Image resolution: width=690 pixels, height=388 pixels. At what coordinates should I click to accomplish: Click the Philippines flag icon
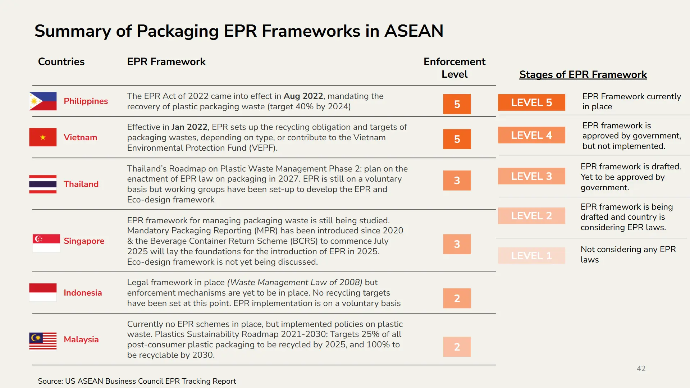43,101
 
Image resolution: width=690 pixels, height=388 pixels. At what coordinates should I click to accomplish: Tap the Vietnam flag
43,137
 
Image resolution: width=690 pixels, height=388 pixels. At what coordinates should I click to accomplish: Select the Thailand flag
43,184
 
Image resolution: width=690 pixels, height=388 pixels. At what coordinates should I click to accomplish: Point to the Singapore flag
46,243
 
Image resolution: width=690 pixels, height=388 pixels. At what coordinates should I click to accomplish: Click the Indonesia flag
43,292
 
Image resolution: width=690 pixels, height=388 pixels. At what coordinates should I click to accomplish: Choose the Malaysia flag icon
43,341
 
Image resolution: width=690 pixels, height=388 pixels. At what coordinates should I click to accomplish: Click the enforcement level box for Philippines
457,104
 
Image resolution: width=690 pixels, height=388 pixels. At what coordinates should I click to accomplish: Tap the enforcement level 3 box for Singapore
457,244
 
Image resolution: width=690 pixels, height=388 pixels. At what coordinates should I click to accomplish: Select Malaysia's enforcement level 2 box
457,347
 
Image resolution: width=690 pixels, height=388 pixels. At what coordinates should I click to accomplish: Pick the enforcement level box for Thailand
457,180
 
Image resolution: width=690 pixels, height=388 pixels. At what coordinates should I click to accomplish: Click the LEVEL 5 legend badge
531,102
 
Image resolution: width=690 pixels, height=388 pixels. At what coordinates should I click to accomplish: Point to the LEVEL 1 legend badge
531,256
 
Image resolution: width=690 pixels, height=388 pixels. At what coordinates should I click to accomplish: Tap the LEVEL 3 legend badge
531,176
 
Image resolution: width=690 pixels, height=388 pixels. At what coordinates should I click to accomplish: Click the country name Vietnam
80,137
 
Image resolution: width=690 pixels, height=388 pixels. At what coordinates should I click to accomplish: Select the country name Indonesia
83,293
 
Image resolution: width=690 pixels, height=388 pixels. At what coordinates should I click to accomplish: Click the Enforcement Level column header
454,68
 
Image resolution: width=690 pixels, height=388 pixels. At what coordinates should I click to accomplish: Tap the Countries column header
61,61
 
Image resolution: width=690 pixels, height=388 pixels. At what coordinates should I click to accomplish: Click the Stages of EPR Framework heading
583,74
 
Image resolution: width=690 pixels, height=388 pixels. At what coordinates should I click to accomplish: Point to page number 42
641,369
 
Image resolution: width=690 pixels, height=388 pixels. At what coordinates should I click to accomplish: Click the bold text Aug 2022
303,96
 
